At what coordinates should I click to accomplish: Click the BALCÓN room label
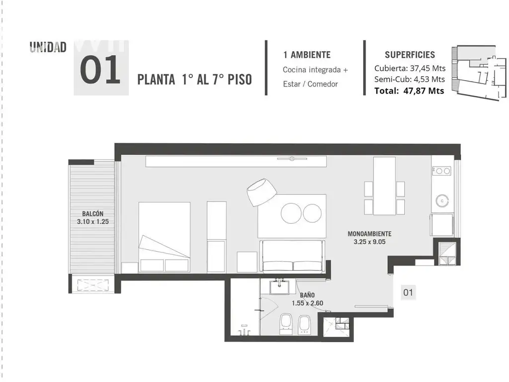coord(93,214)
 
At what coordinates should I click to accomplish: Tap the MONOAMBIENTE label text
coord(369,234)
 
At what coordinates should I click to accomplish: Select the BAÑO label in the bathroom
coord(307,295)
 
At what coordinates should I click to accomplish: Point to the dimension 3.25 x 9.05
coord(369,242)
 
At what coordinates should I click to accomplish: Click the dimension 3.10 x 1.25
coord(93,221)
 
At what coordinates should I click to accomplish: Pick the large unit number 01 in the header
coord(100,70)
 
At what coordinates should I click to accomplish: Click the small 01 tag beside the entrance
coord(408,292)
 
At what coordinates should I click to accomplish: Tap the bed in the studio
coord(164,237)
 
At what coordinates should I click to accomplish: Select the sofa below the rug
coord(292,256)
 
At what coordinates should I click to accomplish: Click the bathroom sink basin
coord(279,287)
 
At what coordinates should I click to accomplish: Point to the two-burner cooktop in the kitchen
coord(441,171)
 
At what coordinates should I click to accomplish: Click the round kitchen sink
coord(442,201)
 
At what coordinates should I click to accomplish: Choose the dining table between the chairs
coord(384,186)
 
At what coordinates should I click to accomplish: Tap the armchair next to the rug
coord(261,191)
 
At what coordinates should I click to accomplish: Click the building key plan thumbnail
coord(479,73)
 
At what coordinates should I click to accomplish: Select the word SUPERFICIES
coord(410,55)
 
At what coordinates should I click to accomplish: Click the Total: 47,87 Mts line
coord(409,91)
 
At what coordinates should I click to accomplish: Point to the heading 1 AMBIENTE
coord(307,55)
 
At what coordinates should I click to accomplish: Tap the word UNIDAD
coord(48,47)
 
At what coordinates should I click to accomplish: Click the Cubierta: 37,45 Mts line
coord(410,68)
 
